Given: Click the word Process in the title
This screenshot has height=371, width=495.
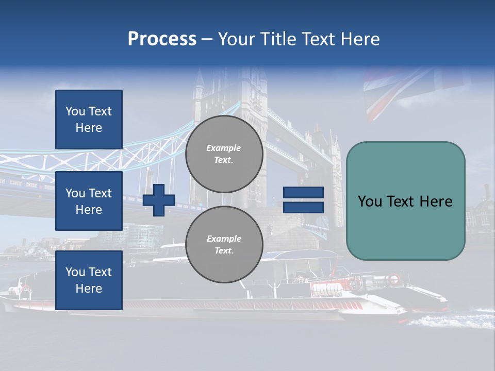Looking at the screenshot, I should coord(162,39).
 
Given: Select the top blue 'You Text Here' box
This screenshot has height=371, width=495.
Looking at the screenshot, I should coord(89,120).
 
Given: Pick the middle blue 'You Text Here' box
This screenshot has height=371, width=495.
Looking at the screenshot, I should coord(89,201).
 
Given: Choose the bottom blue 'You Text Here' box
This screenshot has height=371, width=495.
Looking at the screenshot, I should coord(89,280).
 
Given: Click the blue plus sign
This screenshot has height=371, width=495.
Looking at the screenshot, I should coord(159,199).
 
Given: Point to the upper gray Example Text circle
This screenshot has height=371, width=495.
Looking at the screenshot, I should coord(224,154).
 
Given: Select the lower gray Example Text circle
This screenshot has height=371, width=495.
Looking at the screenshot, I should coord(224,245).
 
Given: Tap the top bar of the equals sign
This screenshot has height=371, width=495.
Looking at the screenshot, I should coord(303,193).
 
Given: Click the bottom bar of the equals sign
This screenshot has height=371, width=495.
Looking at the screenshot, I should coord(303,207).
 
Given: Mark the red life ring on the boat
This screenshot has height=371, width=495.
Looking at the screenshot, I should coord(393,279).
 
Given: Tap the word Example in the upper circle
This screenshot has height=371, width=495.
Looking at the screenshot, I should coord(224,148).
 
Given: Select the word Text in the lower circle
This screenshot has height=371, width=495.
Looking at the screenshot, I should coord(224,251).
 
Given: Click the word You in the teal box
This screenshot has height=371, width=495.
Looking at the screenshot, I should coord(370,201).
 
